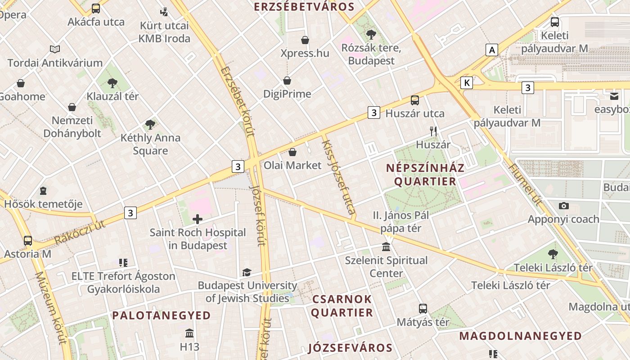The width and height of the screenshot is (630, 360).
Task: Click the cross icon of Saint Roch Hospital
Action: [197, 219]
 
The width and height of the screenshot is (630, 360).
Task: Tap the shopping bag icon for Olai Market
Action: [292, 152]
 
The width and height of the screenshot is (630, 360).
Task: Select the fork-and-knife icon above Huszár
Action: [433, 131]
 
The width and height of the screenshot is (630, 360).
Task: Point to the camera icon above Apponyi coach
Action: [563, 206]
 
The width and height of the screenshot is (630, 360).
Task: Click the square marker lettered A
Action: [492, 49]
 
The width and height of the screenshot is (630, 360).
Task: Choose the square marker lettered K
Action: [467, 83]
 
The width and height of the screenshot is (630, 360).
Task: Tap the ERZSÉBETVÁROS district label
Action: [304, 7]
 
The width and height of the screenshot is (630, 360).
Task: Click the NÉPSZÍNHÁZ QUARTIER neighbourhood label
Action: [425, 175]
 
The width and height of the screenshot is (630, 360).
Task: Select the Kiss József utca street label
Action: [339, 177]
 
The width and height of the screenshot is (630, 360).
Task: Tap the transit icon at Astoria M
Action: [28, 241]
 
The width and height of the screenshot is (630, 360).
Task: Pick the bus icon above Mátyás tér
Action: [423, 309]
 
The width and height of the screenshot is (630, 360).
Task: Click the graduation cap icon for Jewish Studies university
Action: [247, 272]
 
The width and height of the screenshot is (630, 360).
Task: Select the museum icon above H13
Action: [189, 333]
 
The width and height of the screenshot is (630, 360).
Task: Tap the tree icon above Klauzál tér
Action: [112, 83]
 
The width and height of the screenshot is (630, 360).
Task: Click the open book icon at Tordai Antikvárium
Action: [55, 49]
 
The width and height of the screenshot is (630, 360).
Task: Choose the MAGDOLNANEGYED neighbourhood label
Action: [520, 336]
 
